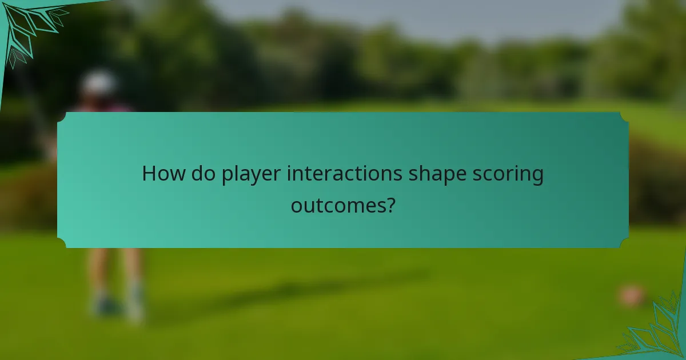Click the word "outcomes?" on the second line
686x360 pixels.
[342, 205]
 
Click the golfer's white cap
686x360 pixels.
[98, 82]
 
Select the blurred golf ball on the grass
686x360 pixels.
[631, 295]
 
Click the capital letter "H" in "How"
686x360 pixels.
[149, 174]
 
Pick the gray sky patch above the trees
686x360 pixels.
[400, 14]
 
